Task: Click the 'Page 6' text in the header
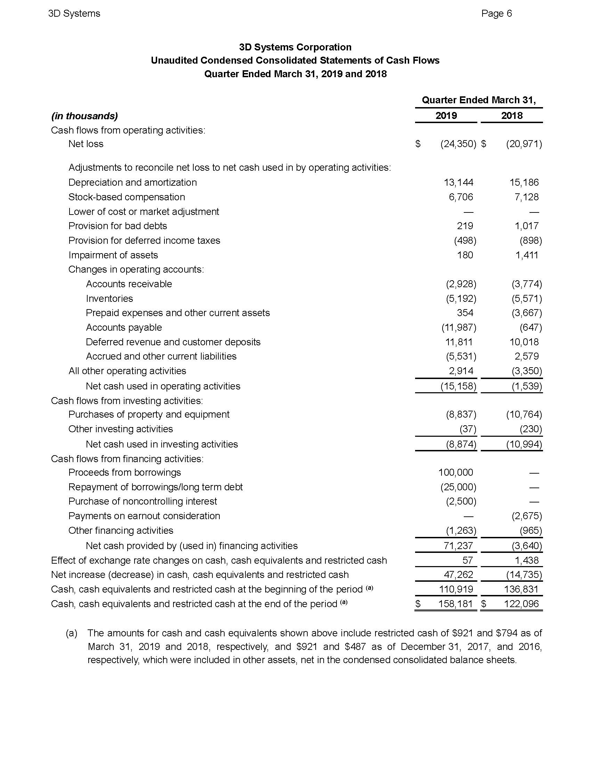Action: point(496,13)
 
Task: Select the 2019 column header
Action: point(446,115)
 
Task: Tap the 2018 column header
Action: point(511,115)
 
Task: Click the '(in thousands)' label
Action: point(84,116)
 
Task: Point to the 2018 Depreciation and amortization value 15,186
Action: point(524,183)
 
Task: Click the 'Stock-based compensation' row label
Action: point(127,197)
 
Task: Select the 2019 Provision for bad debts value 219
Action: point(464,226)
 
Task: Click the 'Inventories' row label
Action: point(109,298)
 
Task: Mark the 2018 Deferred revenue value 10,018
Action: point(524,342)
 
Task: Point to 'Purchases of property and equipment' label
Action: point(149,414)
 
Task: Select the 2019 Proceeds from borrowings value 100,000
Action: point(455,473)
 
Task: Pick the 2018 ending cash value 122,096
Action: point(521,604)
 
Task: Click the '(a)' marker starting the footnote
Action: point(71,633)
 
